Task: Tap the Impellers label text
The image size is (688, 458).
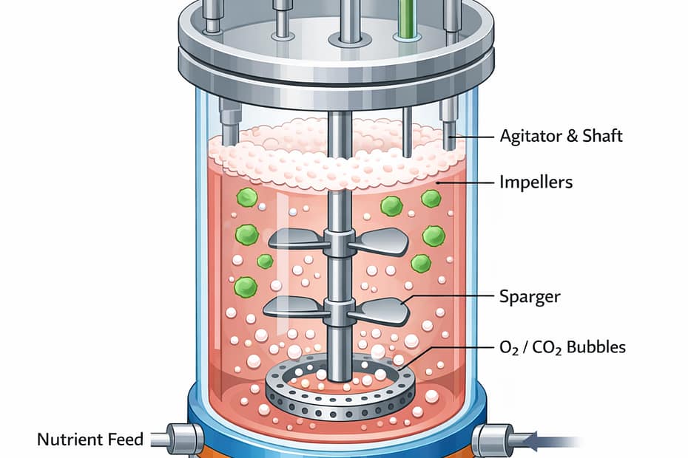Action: point(536,181)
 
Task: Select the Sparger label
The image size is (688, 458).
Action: point(530,296)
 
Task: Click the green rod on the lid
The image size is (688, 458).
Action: point(406,18)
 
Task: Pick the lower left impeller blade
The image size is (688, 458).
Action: point(294,307)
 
